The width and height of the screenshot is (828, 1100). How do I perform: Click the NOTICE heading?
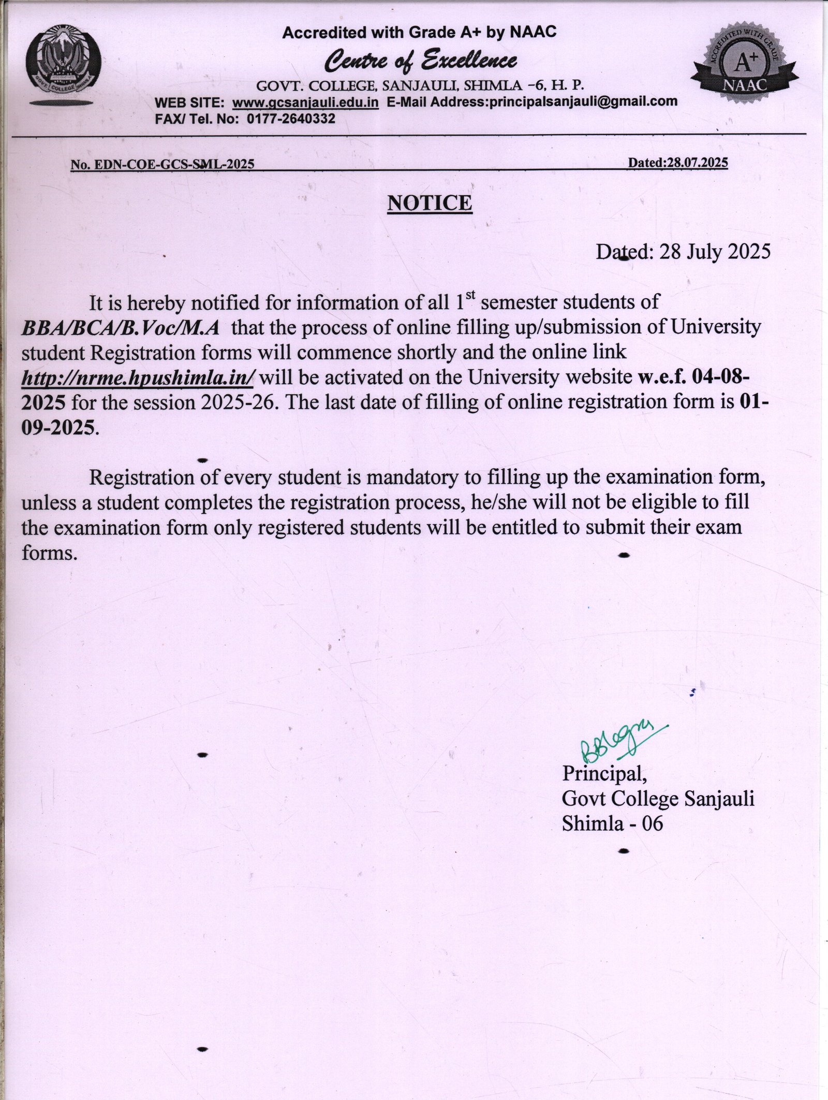click(430, 203)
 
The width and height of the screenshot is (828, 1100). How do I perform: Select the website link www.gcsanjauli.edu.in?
click(306, 103)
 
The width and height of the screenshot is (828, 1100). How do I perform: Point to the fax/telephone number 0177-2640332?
click(291, 119)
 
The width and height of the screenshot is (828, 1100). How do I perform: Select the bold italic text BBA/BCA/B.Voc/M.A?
click(121, 327)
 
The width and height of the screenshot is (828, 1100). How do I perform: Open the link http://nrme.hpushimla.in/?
click(138, 378)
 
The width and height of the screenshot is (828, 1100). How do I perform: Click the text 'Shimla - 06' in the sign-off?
click(612, 823)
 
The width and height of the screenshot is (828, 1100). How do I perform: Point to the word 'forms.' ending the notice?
click(50, 553)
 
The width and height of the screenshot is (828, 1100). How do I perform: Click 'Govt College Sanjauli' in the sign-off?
click(658, 799)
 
